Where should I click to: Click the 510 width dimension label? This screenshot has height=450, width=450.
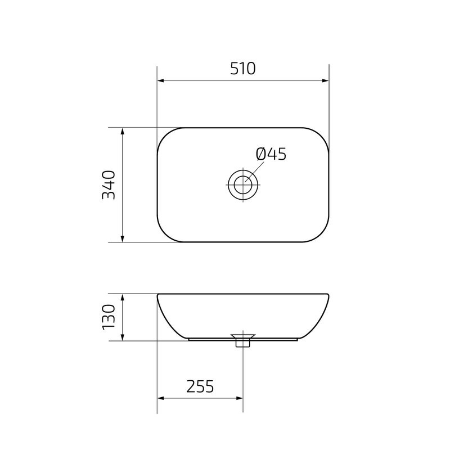[x=242, y=69]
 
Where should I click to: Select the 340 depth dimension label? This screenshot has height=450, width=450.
[x=109, y=184]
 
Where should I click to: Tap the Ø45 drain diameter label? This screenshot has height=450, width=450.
[x=271, y=154]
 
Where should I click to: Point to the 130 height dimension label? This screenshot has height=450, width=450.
[x=109, y=317]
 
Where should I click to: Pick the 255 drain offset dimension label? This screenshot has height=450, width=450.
[x=200, y=386]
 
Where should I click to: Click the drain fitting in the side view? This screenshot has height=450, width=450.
[x=243, y=340]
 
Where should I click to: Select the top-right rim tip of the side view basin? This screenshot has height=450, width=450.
[x=328, y=295]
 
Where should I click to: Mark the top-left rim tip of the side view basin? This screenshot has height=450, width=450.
[x=158, y=295]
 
